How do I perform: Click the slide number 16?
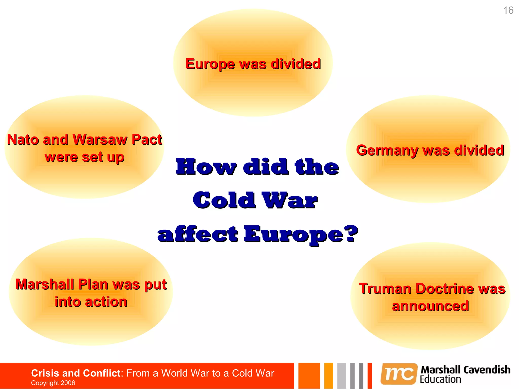click(x=508, y=10)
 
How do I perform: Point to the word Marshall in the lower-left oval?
click(x=45, y=284)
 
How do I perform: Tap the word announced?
click(x=430, y=306)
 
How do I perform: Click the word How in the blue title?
click(x=206, y=167)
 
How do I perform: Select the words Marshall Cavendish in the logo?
click(x=465, y=370)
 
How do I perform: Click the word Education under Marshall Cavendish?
click(x=440, y=380)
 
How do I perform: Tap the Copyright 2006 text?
click(x=53, y=383)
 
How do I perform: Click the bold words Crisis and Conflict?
click(x=76, y=373)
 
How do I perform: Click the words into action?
click(x=91, y=302)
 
